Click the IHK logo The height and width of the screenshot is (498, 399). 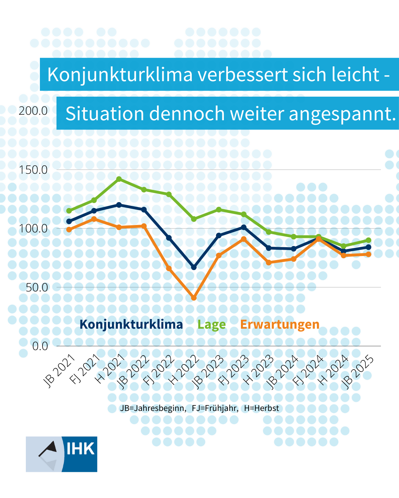(x=62, y=454)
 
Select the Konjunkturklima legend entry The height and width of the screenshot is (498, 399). (x=131, y=325)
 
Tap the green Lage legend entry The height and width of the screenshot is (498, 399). (x=211, y=325)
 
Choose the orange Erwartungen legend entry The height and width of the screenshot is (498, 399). (x=280, y=325)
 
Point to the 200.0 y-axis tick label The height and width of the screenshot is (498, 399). (x=33, y=111)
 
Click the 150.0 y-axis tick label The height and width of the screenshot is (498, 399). (x=33, y=170)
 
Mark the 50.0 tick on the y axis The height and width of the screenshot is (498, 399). (x=37, y=287)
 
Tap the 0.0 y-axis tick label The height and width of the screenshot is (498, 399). (x=40, y=346)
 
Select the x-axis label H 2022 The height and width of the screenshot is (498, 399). (x=184, y=370)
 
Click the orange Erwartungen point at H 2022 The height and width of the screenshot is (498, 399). (x=194, y=298)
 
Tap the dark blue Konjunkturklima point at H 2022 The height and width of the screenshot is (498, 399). (x=194, y=267)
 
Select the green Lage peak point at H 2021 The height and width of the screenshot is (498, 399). (x=119, y=179)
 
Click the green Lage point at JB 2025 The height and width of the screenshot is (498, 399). (x=368, y=240)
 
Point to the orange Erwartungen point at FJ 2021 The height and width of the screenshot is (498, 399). (x=94, y=219)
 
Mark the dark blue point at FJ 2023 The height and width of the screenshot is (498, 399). (x=244, y=227)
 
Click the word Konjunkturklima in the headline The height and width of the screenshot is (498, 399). (x=120, y=75)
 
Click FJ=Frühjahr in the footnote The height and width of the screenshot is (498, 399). (x=215, y=408)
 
